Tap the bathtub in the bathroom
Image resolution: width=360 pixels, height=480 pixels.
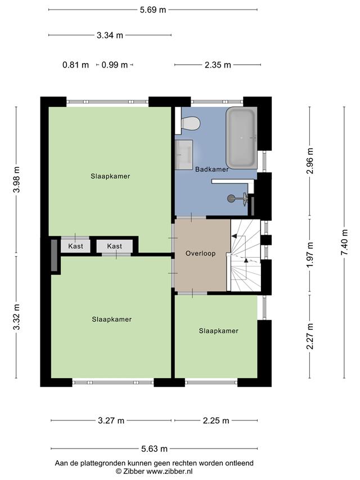(x=241, y=138)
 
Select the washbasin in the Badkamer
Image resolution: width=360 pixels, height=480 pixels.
(x=184, y=155)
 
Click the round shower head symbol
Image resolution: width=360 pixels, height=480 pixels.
(x=231, y=199)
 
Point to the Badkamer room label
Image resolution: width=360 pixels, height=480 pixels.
(x=212, y=169)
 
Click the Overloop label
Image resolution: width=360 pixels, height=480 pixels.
(x=200, y=253)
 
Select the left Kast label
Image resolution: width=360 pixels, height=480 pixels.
(x=75, y=246)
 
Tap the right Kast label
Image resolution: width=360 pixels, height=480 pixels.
(x=115, y=246)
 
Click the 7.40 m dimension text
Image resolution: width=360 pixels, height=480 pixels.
(x=345, y=242)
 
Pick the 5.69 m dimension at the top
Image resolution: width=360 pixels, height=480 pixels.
(x=153, y=10)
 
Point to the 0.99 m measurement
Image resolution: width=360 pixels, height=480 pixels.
(x=115, y=65)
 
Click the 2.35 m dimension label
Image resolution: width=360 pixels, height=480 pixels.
(x=218, y=65)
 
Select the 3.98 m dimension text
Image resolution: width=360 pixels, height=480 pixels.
(x=16, y=180)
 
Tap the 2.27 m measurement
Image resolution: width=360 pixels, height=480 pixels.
(x=310, y=336)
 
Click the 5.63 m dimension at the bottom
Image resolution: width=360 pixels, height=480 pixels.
(x=154, y=449)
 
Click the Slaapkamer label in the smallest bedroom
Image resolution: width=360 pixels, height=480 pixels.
(x=219, y=331)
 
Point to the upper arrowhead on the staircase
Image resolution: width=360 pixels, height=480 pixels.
(x=234, y=236)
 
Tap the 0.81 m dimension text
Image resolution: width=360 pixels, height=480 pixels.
(x=75, y=65)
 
